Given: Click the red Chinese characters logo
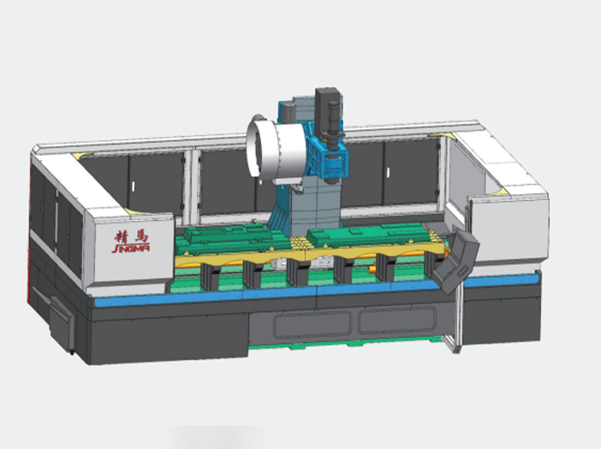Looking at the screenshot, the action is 131,236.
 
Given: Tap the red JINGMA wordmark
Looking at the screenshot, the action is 131,248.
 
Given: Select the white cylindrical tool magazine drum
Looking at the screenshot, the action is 276,150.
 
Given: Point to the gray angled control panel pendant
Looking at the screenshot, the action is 455,259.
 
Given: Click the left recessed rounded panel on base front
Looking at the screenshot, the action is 312,325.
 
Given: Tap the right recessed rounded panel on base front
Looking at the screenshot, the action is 397,320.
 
